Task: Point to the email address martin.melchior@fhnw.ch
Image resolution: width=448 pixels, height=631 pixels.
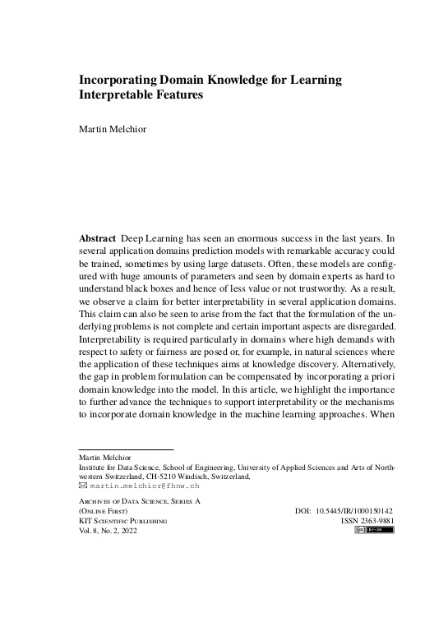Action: tap(141, 486)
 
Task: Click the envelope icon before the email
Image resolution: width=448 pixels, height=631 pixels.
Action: tap(82, 486)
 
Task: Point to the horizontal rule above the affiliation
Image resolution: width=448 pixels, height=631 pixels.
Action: tap(126, 449)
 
